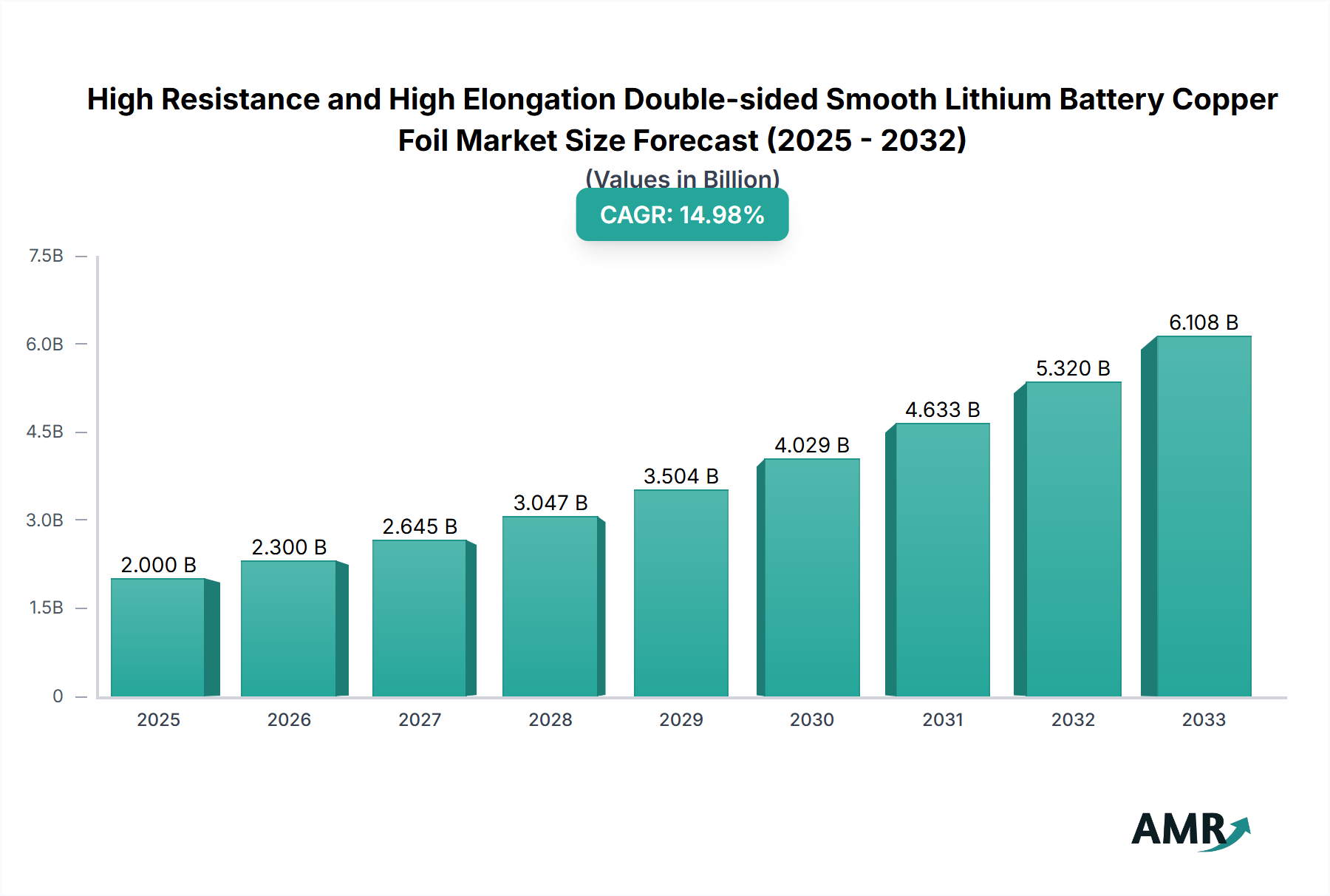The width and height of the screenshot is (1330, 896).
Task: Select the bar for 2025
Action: coord(158,637)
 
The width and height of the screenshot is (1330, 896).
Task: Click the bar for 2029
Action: coord(681,593)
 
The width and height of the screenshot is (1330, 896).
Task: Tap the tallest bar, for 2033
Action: coord(1203,516)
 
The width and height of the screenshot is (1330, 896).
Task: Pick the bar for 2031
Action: coord(942,560)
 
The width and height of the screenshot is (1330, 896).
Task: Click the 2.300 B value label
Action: coord(289,547)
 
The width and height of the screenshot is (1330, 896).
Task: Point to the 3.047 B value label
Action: coord(550,503)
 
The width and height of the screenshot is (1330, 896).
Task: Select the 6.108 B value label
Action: coord(1203,322)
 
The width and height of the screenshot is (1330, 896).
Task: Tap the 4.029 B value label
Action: coord(811,445)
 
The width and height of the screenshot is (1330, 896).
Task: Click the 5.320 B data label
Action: coord(1073,368)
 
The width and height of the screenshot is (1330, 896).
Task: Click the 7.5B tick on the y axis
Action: coord(46,256)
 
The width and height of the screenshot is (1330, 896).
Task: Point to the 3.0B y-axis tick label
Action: coord(45,520)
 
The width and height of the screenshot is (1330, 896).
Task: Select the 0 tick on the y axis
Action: coord(58,696)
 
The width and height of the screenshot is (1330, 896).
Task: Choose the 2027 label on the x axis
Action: coord(420,719)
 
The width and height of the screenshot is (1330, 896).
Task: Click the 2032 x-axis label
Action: coord(1073,719)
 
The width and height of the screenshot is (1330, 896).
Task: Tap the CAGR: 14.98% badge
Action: coord(682,214)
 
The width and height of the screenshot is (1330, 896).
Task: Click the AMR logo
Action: coord(1190,829)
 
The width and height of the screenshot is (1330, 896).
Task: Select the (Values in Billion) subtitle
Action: coord(682,178)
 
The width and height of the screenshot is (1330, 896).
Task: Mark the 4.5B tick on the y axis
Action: coord(45,432)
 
